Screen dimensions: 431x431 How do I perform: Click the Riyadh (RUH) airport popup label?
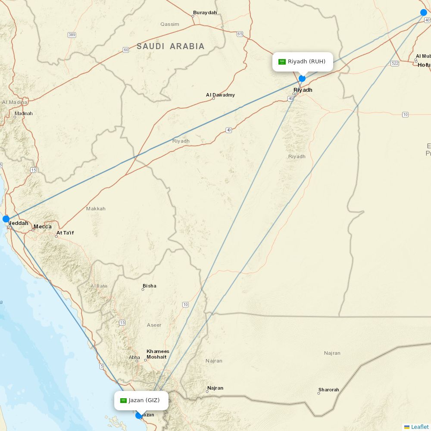click(303, 62)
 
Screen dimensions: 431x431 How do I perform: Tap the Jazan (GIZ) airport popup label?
click(141, 400)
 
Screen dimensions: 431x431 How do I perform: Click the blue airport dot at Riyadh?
click(302, 78)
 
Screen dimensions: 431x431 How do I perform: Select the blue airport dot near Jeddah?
click(6, 219)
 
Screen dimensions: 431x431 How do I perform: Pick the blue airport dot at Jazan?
click(139, 415)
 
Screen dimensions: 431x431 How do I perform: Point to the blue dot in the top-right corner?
click(424, 12)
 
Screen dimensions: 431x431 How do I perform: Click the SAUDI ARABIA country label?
click(171, 47)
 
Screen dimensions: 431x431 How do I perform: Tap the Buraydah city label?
click(205, 12)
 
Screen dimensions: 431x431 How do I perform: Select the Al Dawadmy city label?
click(220, 95)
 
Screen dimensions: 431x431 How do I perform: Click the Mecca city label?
click(42, 227)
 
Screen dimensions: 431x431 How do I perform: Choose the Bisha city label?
click(150, 286)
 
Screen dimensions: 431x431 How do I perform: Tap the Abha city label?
click(134, 357)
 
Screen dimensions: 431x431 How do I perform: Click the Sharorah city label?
click(328, 390)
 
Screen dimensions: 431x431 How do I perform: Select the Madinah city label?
click(23, 114)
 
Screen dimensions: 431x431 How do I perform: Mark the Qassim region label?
click(169, 24)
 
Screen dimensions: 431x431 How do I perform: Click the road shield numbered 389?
click(72, 34)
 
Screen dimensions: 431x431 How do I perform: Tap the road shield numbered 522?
click(395, 63)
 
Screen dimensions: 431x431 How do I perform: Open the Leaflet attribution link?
click(419, 427)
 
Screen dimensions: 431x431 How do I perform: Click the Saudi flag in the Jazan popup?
click(123, 400)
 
